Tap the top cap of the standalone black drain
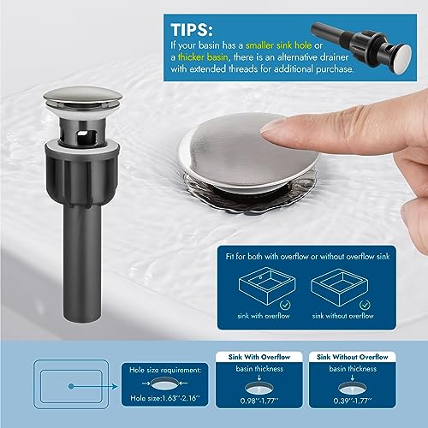pos(68,102)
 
